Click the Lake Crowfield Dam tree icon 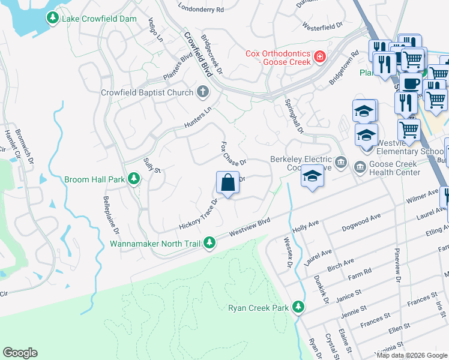pyautogui.click(x=53, y=19)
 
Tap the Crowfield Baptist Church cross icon pyautogui.click(x=203, y=92)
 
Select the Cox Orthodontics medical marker pyautogui.click(x=320, y=57)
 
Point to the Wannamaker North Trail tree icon pyautogui.click(x=209, y=243)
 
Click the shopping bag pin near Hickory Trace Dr pyautogui.click(x=228, y=182)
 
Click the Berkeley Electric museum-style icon pyautogui.click(x=341, y=161)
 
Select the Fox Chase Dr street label pyautogui.click(x=233, y=154)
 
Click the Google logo pyautogui.click(x=20, y=353)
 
